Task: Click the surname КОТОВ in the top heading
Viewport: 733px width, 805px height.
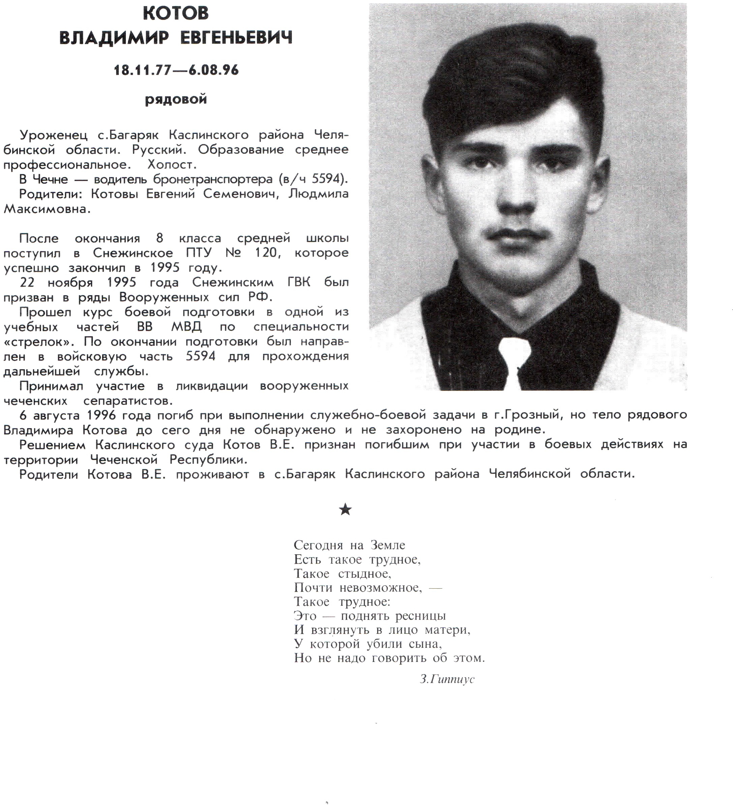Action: (176, 13)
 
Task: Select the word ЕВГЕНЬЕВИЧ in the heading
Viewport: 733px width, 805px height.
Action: (236, 38)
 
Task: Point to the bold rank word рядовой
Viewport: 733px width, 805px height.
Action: (176, 99)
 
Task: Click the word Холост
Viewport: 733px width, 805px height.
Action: (172, 165)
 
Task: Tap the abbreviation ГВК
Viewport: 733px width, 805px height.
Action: (298, 282)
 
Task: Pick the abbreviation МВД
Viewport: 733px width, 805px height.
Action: (187, 327)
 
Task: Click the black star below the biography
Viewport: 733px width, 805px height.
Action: (345, 510)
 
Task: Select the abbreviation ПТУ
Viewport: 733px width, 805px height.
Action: (199, 253)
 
